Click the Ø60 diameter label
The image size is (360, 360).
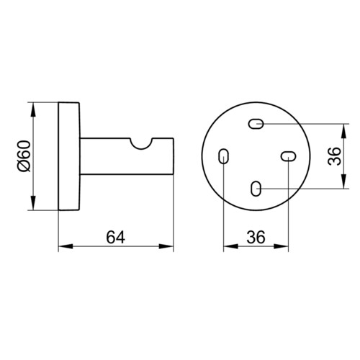click(x=24, y=156)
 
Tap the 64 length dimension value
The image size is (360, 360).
click(x=116, y=237)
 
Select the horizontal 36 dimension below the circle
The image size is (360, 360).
click(x=256, y=237)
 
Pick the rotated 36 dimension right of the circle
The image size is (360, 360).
click(x=334, y=156)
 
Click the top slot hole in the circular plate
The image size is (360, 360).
click(x=256, y=124)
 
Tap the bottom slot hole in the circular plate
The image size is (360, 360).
click(x=256, y=189)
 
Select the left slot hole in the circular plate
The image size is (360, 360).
click(x=223, y=156)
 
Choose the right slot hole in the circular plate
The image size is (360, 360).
click(x=288, y=156)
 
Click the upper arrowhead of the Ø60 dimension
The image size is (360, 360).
click(x=33, y=110)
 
